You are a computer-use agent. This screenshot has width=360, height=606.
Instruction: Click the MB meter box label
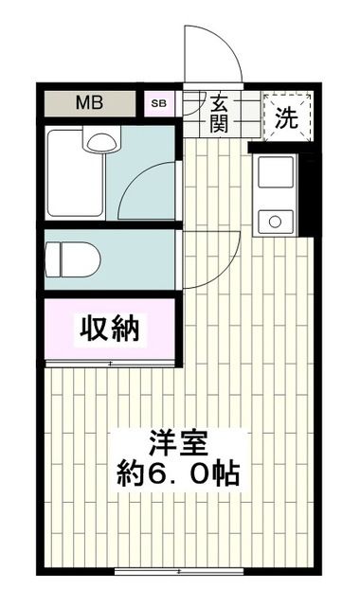tap(92, 102)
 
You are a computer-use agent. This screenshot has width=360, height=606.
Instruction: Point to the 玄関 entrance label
tap(219, 112)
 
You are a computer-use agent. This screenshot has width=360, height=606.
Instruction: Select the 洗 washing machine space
tap(286, 116)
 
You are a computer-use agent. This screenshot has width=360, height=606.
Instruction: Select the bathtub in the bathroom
tap(73, 175)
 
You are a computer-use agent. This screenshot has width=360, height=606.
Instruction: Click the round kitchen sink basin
tap(276, 221)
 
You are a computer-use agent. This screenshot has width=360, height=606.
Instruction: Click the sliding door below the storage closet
tap(110, 364)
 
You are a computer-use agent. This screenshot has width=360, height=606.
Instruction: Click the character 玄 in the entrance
tap(219, 102)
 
